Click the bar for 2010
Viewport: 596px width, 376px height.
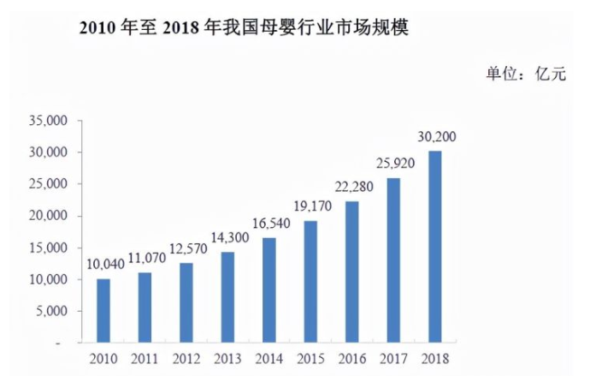pos(103,311)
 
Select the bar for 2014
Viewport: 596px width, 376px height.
pos(269,290)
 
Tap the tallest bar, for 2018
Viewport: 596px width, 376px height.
pos(435,247)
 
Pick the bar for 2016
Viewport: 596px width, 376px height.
pos(352,272)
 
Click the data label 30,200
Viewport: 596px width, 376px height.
pos(437,137)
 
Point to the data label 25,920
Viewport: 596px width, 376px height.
pos(395,164)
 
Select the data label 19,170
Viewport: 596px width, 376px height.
pos(312,206)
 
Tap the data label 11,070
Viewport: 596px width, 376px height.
pos(147,258)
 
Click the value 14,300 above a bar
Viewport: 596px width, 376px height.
pos(229,237)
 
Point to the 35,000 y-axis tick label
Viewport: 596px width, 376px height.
pos(48,121)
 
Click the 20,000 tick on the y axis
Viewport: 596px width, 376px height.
pos(48,216)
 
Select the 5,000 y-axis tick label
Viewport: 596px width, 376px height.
pos(51,311)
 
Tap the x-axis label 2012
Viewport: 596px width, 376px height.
pos(186,359)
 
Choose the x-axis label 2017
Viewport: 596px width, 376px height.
pos(393,359)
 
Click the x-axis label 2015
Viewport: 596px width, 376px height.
pos(310,359)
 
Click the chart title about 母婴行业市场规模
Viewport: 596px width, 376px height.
pos(244,27)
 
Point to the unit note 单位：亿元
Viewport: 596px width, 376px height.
pos(526,74)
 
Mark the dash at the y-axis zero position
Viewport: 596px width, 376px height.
pos(58,343)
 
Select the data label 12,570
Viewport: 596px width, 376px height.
pos(188,248)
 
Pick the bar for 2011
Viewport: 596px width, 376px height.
pos(145,307)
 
